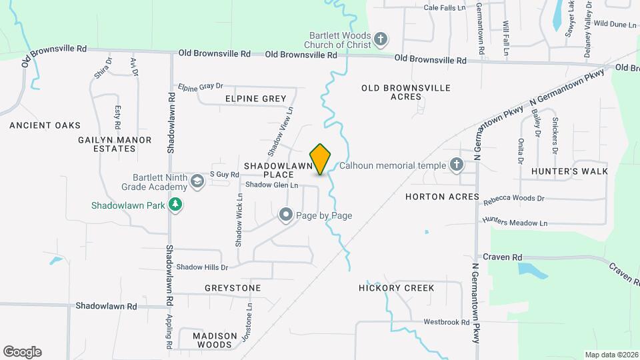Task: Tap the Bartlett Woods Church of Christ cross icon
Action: click(x=381, y=39)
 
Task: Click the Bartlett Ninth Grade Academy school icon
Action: click(x=197, y=181)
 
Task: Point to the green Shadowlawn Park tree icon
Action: click(x=175, y=205)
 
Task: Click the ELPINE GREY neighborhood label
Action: click(x=255, y=99)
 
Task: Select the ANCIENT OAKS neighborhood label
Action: click(x=45, y=125)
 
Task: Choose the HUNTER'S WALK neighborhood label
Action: click(x=570, y=171)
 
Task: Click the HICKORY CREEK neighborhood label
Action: click(x=396, y=288)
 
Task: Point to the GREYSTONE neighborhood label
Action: click(x=233, y=288)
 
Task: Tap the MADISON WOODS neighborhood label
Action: click(x=215, y=340)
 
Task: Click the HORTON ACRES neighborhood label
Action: click(x=442, y=197)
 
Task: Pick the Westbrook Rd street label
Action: click(x=447, y=322)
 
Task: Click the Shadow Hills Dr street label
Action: click(x=202, y=267)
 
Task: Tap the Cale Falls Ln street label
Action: click(x=445, y=8)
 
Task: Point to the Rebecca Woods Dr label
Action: click(x=514, y=199)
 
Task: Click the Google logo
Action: click(x=22, y=352)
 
